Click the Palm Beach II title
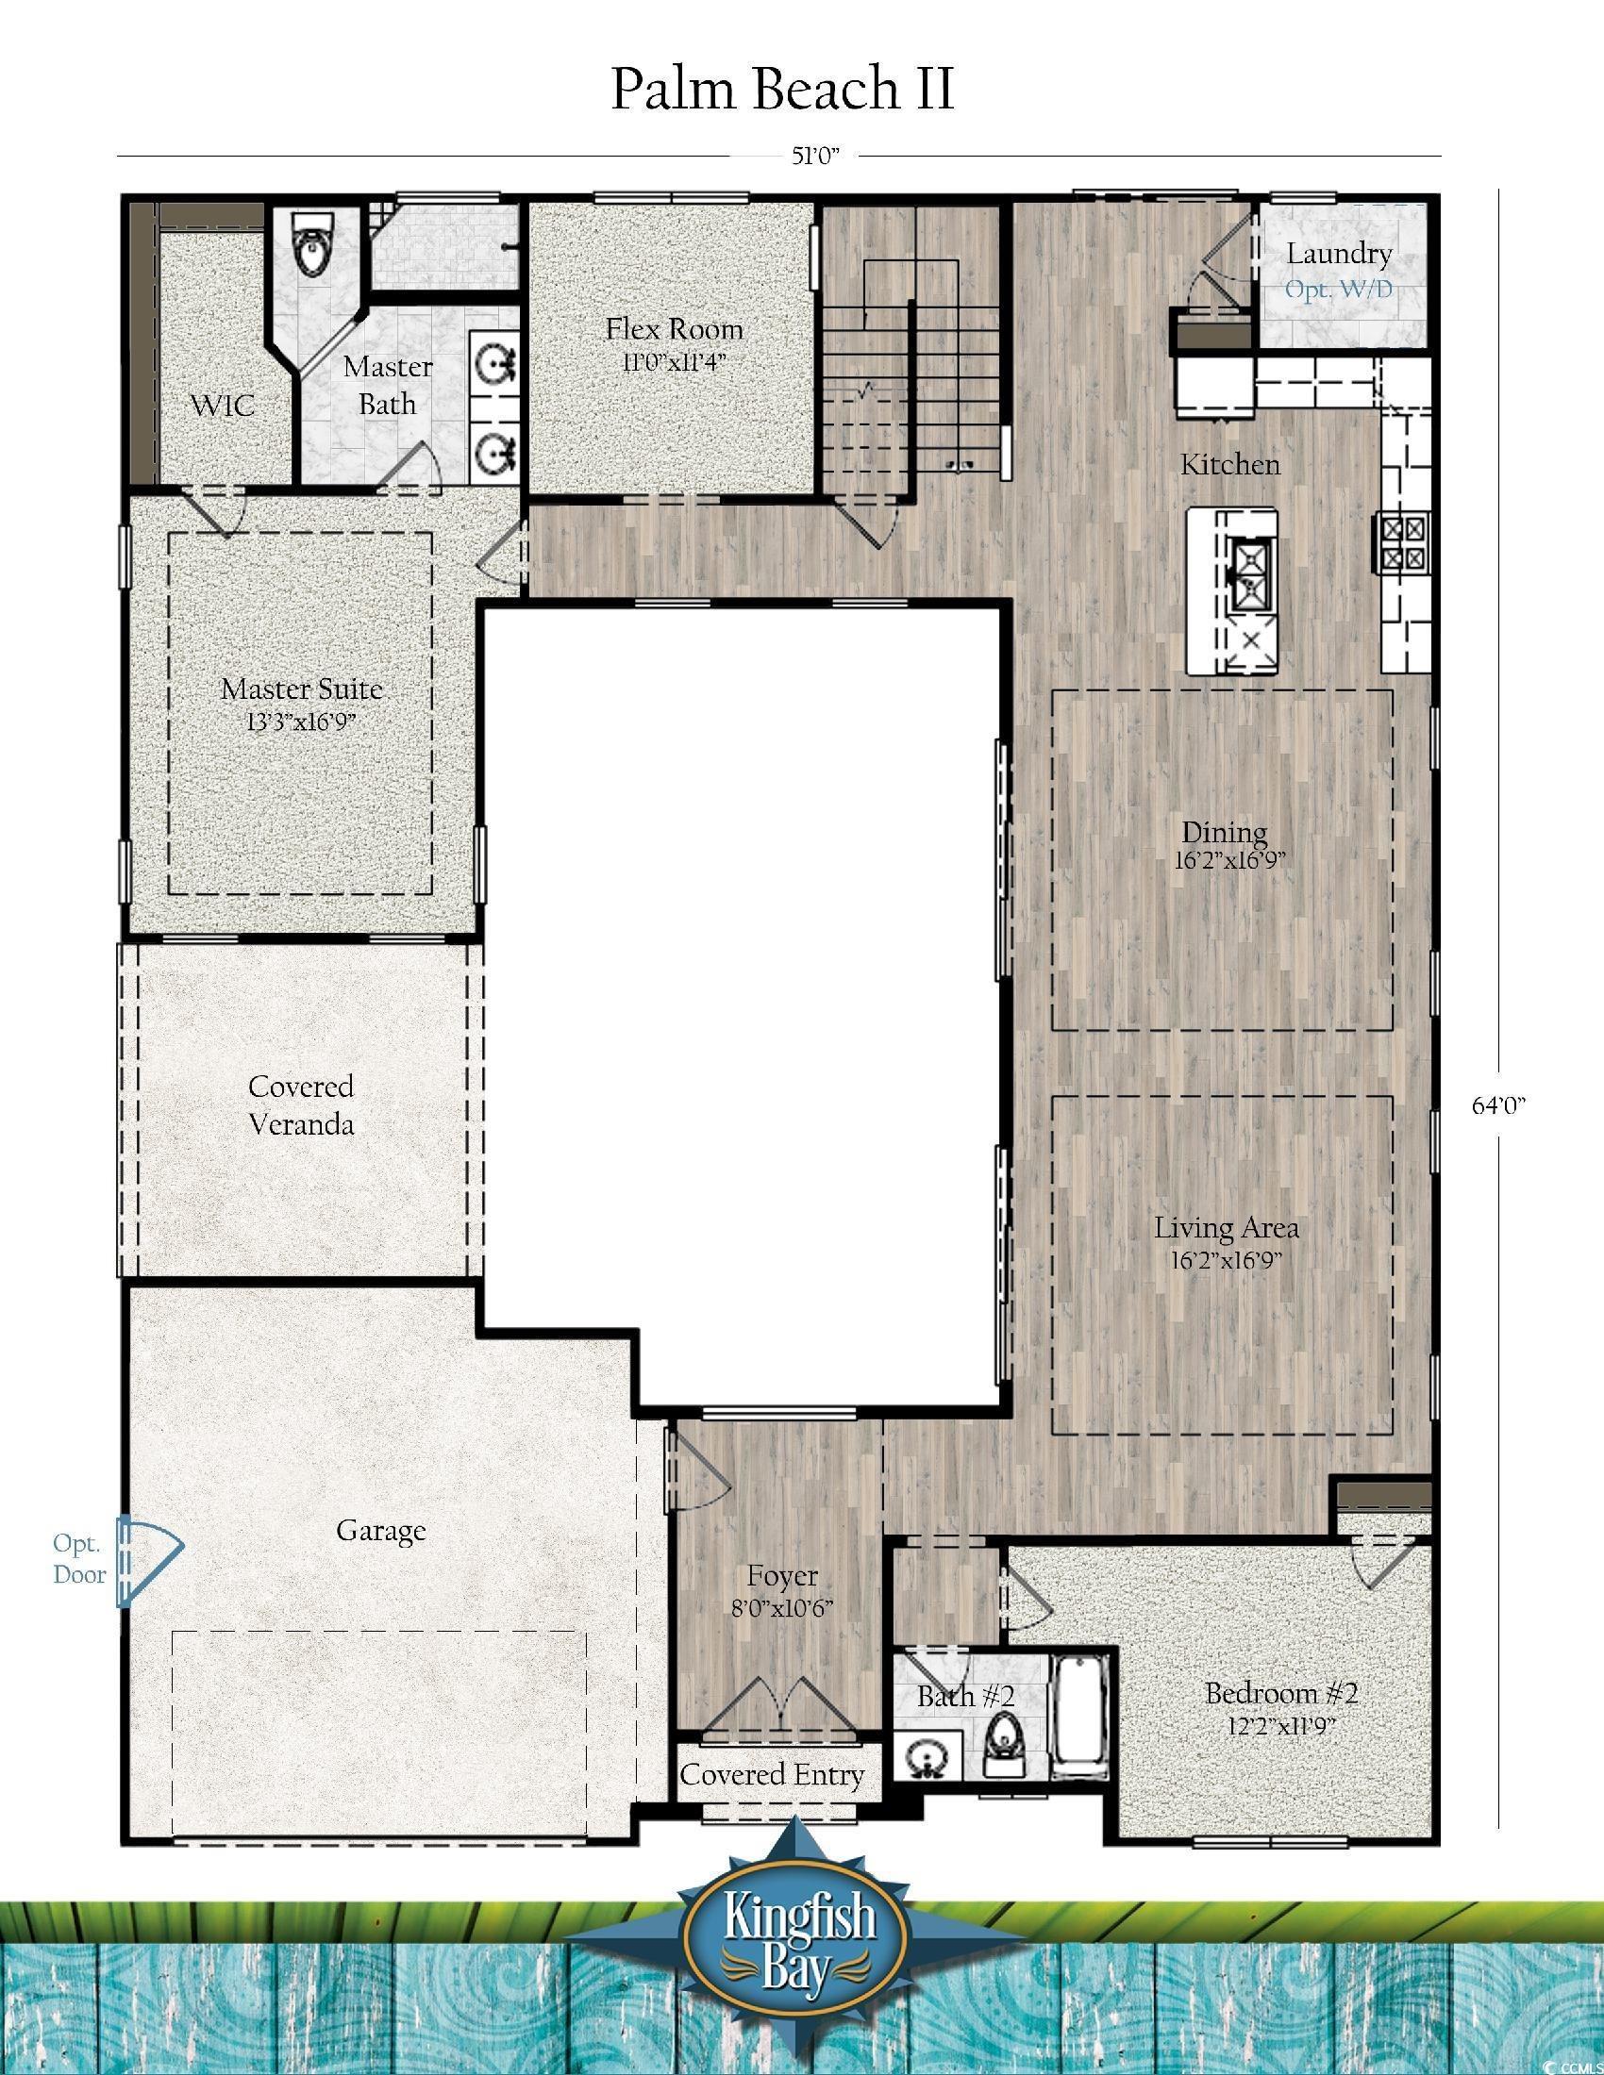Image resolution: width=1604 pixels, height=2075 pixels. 782,90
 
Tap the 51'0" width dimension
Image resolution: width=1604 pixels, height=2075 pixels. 818,156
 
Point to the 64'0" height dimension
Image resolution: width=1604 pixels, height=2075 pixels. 1498,1106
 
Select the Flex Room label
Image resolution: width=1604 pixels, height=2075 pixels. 674,330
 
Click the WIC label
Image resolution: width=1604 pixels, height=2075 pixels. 223,407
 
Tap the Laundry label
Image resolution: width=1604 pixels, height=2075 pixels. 1338,254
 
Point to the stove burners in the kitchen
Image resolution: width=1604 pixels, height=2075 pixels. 1402,541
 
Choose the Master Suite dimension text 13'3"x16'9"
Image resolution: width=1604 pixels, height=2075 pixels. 300,722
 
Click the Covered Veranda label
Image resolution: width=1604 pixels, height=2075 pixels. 300,1105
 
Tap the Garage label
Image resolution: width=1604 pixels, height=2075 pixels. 380,1531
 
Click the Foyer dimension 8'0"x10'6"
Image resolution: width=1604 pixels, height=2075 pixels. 782,1608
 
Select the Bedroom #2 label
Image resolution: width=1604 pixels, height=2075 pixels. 1281,1692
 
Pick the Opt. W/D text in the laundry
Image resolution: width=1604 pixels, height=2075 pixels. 1338,289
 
